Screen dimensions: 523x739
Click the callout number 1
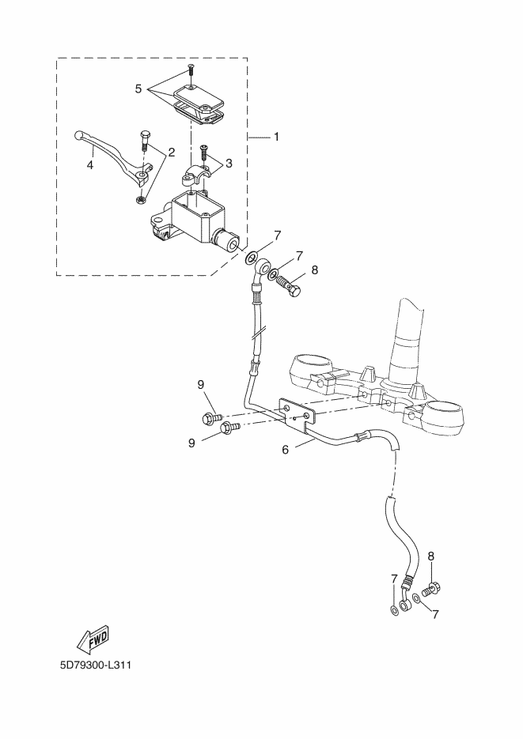[x=276, y=137]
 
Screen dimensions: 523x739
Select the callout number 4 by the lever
[x=89, y=164]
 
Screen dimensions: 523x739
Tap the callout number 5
[x=138, y=89]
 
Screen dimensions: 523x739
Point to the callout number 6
[x=286, y=450]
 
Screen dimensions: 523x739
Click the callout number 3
[x=229, y=163]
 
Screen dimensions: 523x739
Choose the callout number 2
[x=171, y=152]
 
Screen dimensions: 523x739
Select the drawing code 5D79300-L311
[x=95, y=665]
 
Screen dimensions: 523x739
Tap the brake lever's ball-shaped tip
[x=79, y=135]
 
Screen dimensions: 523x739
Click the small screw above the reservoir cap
[x=190, y=70]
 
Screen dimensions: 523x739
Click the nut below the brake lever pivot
[x=140, y=201]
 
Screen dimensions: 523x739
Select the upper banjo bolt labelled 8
[x=289, y=287]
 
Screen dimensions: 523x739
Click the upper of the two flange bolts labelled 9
[x=212, y=417]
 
